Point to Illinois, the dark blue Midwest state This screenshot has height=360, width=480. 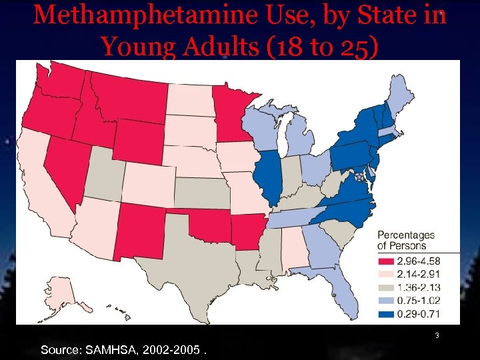[269, 177]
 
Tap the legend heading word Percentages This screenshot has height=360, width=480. [406, 235]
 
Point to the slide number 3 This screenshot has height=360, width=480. [437, 336]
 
